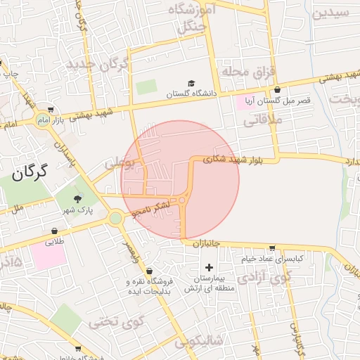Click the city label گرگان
(28, 171)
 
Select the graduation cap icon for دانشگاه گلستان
(191, 84)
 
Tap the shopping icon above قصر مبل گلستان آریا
(277, 90)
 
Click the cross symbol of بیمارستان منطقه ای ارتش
(208, 267)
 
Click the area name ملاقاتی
(262, 121)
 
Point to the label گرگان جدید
(98, 65)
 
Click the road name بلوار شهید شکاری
(232, 160)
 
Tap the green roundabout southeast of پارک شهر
(115, 218)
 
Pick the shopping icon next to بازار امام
(51, 110)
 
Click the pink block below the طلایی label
(49, 257)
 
